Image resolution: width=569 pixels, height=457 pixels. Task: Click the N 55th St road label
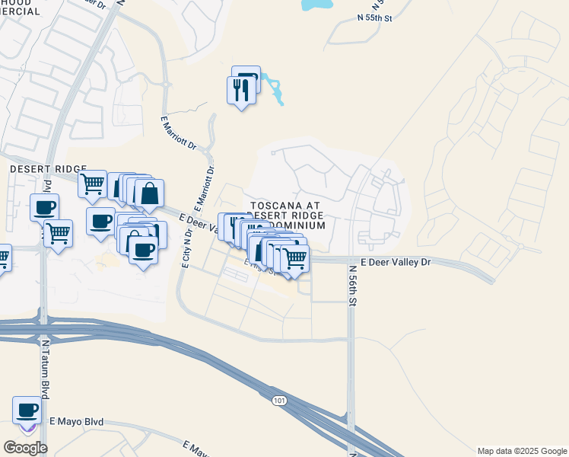(375, 18)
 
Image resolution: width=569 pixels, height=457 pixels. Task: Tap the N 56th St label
(352, 285)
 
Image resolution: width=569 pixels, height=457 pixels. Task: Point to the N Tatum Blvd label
(46, 369)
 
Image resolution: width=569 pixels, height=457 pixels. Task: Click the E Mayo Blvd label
(76, 421)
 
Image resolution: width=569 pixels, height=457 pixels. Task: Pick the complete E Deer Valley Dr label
(396, 261)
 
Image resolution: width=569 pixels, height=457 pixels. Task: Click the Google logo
(25, 448)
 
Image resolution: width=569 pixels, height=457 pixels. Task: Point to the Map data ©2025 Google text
(521, 450)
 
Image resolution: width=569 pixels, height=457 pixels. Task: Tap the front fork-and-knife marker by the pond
(241, 91)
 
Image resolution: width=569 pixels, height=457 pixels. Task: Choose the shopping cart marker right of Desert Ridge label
(92, 183)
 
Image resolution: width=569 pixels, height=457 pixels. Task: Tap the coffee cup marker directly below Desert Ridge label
(44, 207)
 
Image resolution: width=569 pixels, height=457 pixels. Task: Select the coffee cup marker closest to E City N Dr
(142, 250)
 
